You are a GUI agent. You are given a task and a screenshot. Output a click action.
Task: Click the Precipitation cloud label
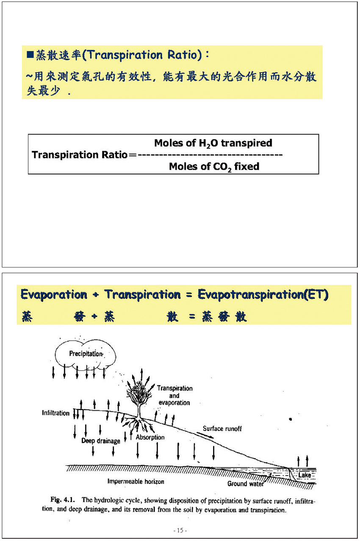tap(86, 354)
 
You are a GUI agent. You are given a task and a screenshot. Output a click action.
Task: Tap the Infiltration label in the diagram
tap(55, 413)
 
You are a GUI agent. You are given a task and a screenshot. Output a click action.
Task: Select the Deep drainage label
tap(101, 441)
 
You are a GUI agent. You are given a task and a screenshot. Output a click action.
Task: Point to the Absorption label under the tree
tap(150, 437)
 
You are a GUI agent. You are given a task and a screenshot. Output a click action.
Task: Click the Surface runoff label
tap(222, 428)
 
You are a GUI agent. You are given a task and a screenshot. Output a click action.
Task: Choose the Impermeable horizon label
tap(136, 481)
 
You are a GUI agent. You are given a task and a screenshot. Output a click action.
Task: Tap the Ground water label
tap(245, 483)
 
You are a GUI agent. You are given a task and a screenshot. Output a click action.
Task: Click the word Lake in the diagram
tap(305, 475)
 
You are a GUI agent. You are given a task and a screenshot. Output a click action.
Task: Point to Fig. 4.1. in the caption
tap(63, 500)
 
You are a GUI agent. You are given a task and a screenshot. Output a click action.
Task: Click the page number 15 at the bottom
tap(180, 530)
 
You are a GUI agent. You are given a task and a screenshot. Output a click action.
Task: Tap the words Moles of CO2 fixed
tap(214, 167)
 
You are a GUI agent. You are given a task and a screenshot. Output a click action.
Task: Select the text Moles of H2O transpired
tap(213, 143)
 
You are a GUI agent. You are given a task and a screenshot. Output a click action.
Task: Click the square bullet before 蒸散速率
tap(30, 55)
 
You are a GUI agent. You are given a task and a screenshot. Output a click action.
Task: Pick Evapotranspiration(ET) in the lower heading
tap(263, 295)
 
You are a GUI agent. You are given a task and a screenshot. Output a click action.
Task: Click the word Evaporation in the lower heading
tap(54, 295)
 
